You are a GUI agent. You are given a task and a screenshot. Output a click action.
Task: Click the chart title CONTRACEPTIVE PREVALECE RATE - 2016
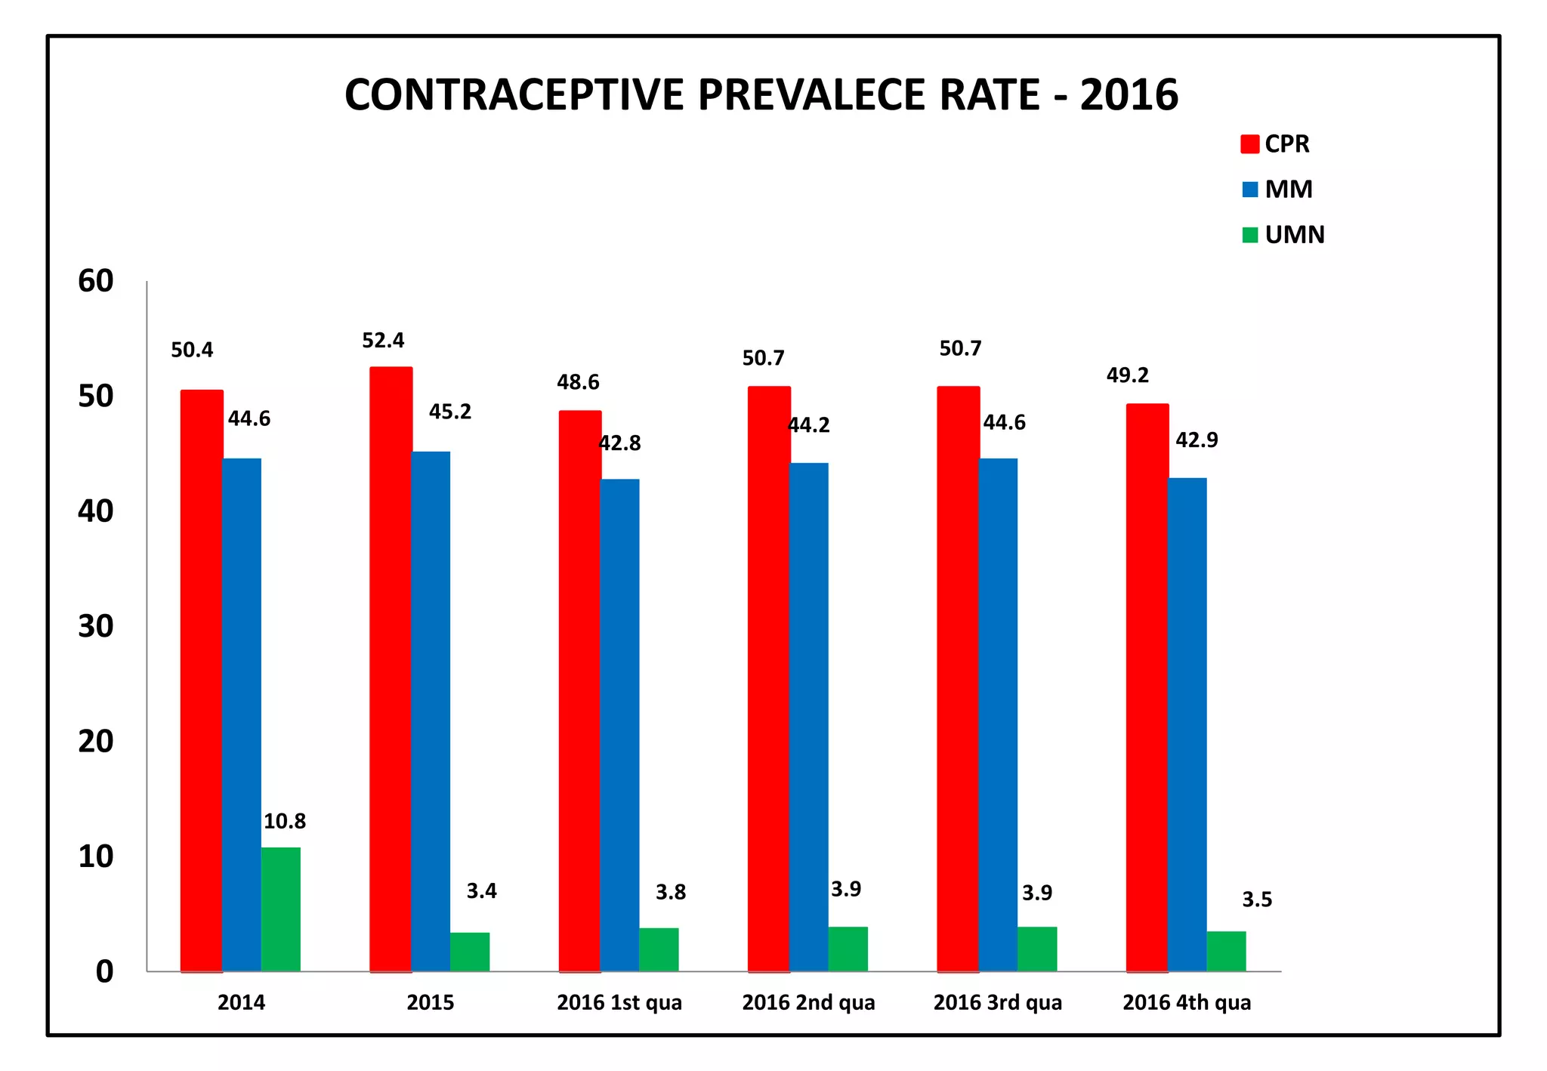point(761,95)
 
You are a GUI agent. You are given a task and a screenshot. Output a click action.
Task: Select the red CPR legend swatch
point(1249,144)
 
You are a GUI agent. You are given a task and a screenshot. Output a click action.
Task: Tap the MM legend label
point(1289,189)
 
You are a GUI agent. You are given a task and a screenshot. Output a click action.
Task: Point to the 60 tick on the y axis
point(96,281)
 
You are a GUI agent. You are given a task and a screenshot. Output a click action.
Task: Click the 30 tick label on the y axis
point(96,626)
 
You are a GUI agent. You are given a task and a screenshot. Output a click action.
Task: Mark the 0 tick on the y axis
point(104,971)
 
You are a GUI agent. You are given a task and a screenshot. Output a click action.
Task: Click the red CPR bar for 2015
point(391,669)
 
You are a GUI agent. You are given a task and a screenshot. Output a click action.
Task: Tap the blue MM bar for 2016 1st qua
point(619,725)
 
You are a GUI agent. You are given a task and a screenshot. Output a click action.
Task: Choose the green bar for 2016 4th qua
point(1226,951)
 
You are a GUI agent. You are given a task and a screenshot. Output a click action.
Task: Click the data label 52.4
point(383,341)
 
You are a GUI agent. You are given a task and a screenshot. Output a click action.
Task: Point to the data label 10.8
point(284,821)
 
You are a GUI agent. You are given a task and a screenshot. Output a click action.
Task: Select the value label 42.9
point(1197,440)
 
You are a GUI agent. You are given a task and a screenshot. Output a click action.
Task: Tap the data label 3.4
point(481,891)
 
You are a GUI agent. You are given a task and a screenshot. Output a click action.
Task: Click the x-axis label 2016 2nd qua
point(808,1002)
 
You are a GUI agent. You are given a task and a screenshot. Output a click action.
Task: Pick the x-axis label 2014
point(241,1002)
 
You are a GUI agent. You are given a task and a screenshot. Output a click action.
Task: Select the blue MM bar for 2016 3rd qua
point(998,715)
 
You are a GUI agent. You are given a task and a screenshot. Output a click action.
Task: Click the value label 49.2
point(1127,375)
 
